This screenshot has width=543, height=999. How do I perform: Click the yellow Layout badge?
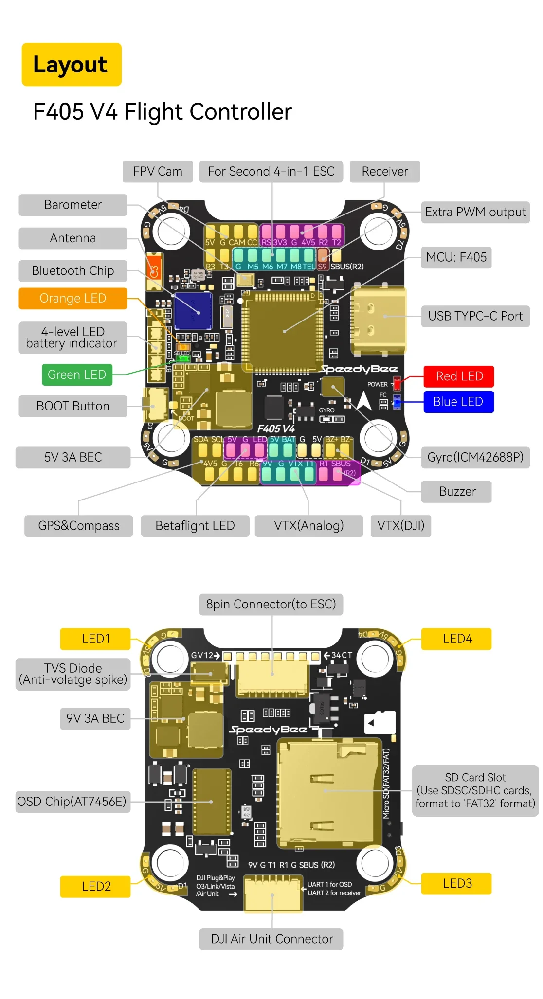tap(72, 65)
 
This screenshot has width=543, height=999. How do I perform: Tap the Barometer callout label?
tap(73, 205)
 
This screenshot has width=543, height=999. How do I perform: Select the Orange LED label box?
tap(73, 299)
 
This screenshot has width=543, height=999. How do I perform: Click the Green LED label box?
tap(77, 375)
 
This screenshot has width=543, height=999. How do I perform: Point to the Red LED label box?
tap(459, 376)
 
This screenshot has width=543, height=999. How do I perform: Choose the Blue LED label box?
tap(458, 402)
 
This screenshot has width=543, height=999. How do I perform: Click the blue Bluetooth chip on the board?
tap(193, 311)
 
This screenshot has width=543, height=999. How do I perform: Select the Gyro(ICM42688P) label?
tap(475, 457)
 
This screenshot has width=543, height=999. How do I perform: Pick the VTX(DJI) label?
tap(401, 526)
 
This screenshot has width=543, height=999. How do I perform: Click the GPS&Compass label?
tap(79, 526)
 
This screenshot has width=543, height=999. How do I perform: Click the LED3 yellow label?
tap(456, 883)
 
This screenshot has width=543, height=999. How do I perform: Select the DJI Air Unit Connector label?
tap(271, 939)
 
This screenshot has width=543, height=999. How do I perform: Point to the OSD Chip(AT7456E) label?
tap(72, 802)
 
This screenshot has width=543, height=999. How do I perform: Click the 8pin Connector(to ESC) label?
tap(271, 604)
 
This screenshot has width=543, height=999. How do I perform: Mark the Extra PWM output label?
tap(475, 213)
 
